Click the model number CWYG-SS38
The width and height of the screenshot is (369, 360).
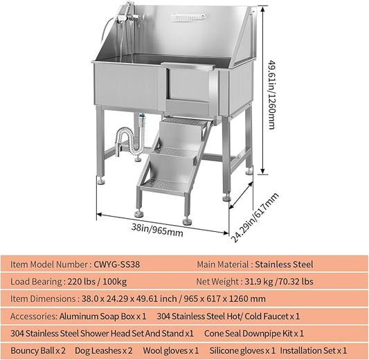click(119, 264)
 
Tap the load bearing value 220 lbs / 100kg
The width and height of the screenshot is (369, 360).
click(97, 281)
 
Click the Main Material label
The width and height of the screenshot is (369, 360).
click(222, 264)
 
